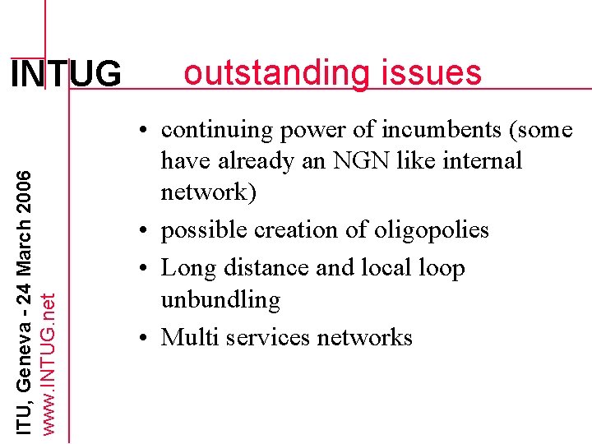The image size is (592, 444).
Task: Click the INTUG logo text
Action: click(x=65, y=75)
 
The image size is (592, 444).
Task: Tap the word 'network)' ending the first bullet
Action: click(x=209, y=192)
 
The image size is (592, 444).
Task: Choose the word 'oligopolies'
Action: click(x=433, y=230)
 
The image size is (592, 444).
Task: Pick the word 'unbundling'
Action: click(x=220, y=299)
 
